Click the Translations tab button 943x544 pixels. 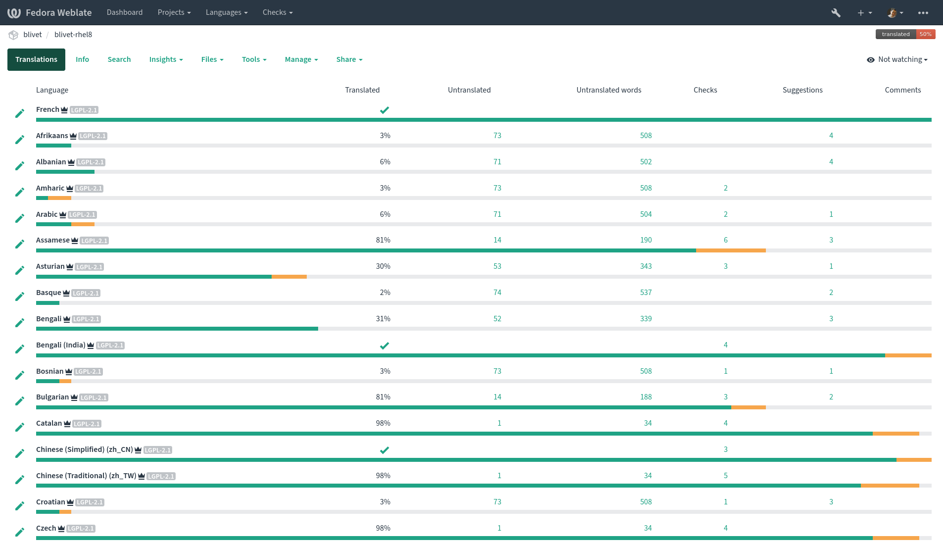click(36, 59)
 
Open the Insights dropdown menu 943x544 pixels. click(166, 59)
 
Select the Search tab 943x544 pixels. click(119, 59)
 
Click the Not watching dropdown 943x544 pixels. click(897, 59)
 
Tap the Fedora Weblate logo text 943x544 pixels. click(58, 12)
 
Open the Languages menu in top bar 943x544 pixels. click(227, 12)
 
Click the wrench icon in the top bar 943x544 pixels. click(836, 13)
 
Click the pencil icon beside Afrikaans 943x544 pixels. click(20, 140)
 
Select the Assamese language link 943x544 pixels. click(53, 240)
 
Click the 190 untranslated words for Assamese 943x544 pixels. click(646, 240)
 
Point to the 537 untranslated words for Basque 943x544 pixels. click(646, 293)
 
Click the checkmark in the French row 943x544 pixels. click(384, 110)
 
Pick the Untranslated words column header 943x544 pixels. click(609, 90)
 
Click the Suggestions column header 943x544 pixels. click(802, 90)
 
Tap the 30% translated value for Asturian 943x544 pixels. click(383, 266)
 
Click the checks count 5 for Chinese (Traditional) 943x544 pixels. click(725, 476)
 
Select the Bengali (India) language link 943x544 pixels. click(60, 345)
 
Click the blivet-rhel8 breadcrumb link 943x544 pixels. click(73, 35)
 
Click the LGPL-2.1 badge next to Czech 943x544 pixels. click(81, 529)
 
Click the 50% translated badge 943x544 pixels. click(925, 34)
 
